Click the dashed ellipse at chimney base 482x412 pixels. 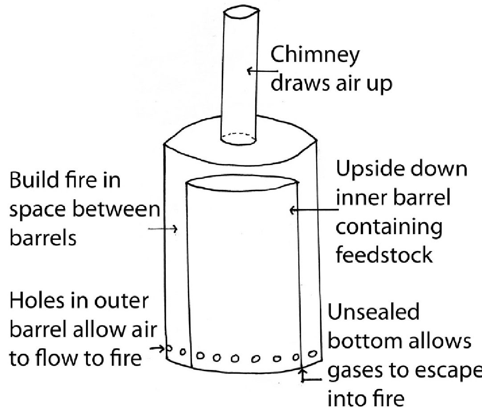click(x=239, y=138)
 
